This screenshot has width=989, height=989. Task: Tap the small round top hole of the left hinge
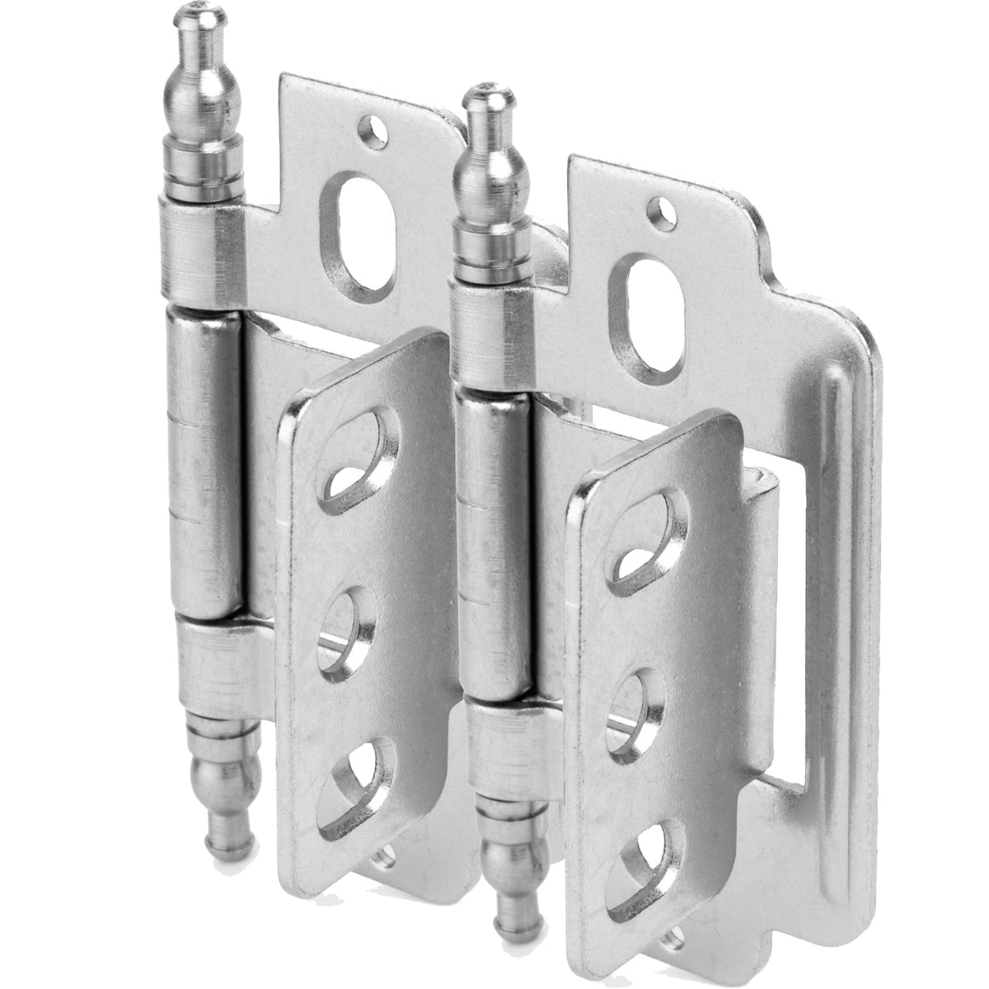point(377,129)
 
